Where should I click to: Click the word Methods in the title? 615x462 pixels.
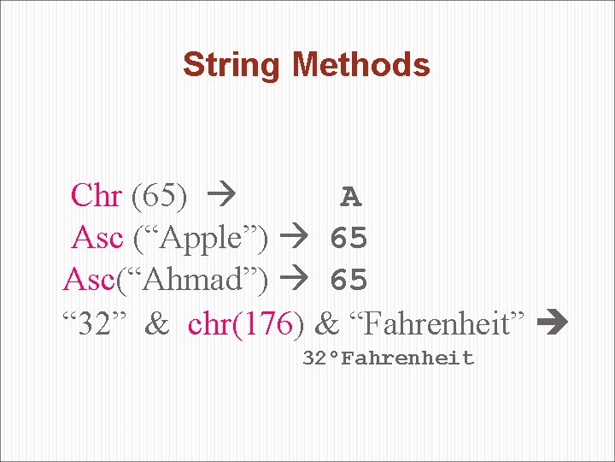tap(361, 65)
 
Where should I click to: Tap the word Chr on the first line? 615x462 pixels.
tap(97, 196)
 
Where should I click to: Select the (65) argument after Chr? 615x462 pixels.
tap(160, 196)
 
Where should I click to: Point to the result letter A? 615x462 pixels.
tap(350, 198)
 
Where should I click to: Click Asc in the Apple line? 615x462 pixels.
tap(98, 238)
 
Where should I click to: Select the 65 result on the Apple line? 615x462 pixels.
tap(348, 239)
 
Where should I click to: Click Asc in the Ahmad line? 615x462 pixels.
tap(88, 279)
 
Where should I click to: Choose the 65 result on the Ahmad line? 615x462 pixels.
tap(348, 280)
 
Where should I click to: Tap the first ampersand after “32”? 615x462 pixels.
tap(157, 323)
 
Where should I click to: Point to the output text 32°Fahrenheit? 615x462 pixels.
tap(389, 358)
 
